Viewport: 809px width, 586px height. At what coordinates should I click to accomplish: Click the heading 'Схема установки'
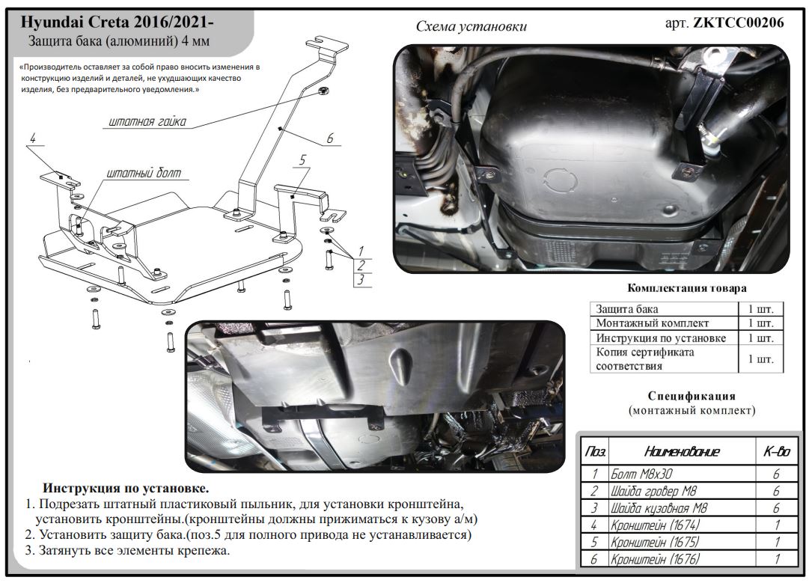[471, 26]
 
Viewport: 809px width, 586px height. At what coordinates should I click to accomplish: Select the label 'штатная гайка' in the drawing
[147, 120]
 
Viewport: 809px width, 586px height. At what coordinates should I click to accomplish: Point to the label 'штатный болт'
[144, 173]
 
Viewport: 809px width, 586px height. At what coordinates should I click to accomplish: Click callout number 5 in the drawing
[302, 159]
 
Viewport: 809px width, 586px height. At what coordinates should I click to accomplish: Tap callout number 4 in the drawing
[34, 138]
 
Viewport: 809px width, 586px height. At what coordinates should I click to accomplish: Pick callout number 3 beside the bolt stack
[361, 280]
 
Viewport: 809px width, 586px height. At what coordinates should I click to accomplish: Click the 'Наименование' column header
[681, 451]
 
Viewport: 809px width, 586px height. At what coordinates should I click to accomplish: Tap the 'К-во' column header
[776, 451]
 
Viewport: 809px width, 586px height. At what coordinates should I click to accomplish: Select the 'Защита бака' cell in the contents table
[627, 308]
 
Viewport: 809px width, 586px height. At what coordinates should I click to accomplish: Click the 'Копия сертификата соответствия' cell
[645, 359]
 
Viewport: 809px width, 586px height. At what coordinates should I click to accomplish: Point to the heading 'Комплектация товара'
[686, 288]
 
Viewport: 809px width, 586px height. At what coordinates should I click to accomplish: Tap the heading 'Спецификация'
[692, 396]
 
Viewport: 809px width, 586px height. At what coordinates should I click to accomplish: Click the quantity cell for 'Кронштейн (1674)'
[776, 525]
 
